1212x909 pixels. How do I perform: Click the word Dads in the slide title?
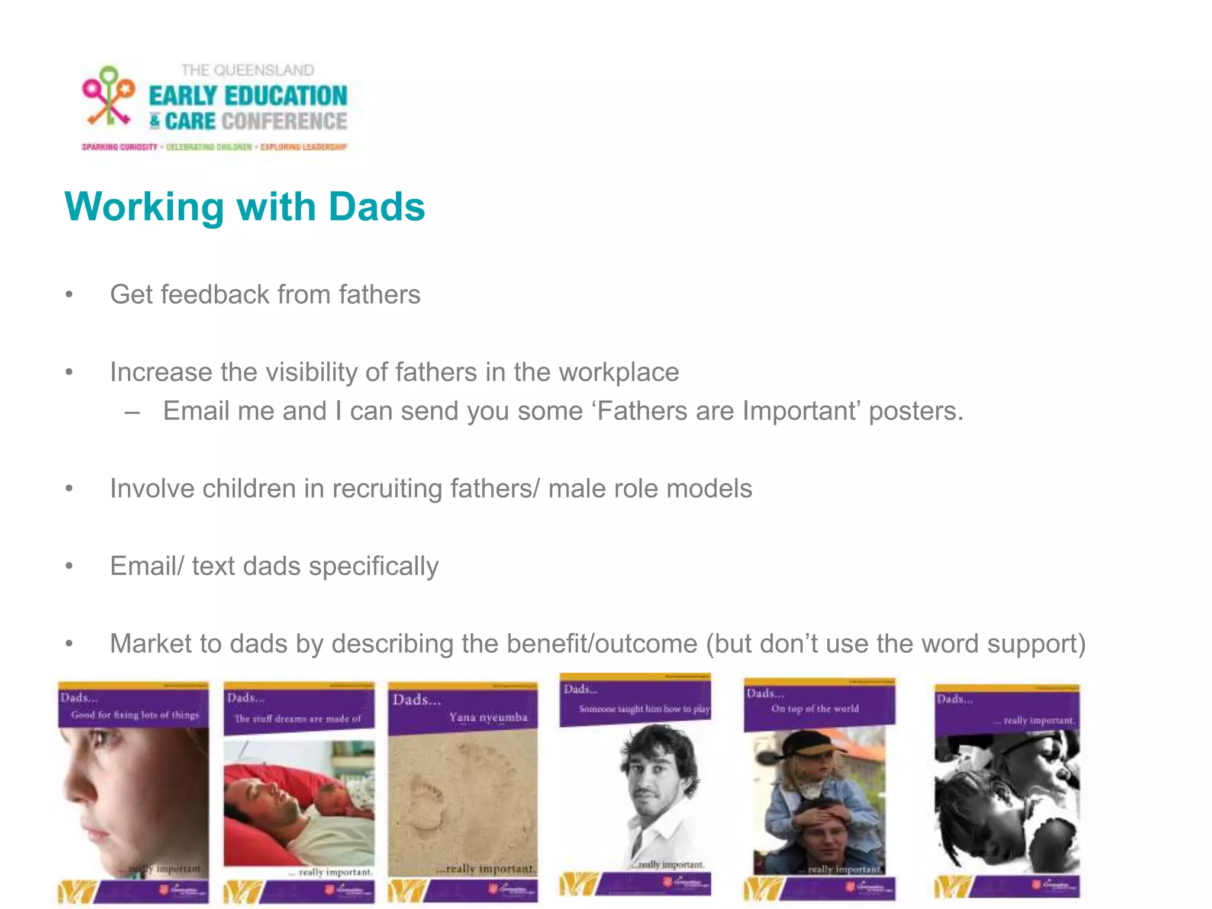[376, 207]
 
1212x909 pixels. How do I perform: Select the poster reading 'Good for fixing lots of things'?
[133, 793]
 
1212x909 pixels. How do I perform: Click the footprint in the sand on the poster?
[426, 805]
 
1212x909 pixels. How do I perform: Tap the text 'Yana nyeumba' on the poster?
[488, 717]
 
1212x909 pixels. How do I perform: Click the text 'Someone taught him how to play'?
[644, 708]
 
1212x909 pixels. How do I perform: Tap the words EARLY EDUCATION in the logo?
[247, 96]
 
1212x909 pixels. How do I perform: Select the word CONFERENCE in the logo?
[284, 121]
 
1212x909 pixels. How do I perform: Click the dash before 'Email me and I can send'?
[133, 412]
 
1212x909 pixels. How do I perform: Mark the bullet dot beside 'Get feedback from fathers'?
[69, 295]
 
